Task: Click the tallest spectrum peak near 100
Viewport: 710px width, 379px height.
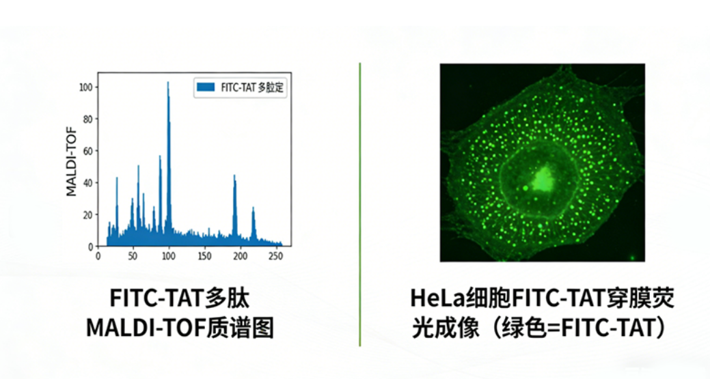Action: (x=168, y=83)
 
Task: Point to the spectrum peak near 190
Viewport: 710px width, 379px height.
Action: (x=234, y=176)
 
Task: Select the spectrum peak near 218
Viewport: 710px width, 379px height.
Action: (x=253, y=208)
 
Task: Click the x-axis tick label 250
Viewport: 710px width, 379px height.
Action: (x=275, y=256)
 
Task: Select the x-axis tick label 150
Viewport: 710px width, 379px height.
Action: (x=204, y=256)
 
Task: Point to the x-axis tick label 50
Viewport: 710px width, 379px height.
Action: (x=133, y=256)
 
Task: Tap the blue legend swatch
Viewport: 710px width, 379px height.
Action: (x=206, y=87)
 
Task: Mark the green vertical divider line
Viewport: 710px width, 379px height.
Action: (x=360, y=205)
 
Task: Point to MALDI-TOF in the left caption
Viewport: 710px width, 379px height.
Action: (x=144, y=328)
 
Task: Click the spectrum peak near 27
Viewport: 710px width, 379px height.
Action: (x=117, y=179)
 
